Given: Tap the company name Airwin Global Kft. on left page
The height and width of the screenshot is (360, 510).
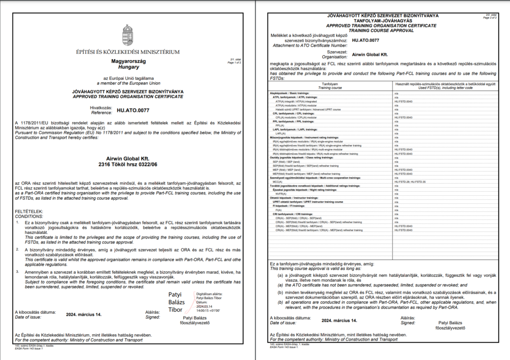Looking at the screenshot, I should [x=128, y=158].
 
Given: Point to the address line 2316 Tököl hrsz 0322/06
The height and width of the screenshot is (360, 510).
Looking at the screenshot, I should [x=128, y=165].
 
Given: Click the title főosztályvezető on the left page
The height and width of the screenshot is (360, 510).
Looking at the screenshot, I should [x=196, y=323].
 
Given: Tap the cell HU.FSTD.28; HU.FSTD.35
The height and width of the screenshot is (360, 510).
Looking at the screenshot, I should [x=407, y=182].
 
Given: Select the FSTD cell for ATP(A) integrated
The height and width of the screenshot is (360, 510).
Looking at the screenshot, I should [x=403, y=102].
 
